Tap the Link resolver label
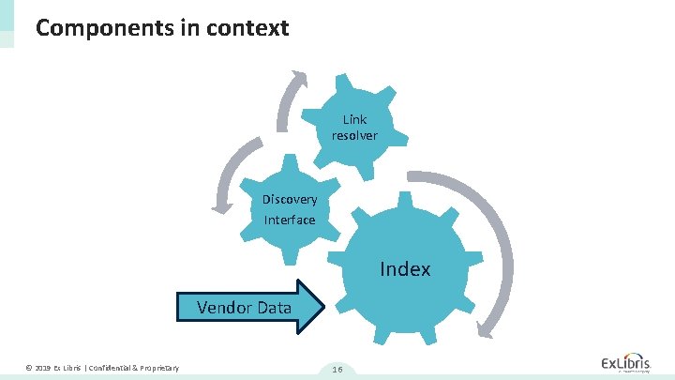tap(354, 128)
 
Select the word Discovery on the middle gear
tap(290, 200)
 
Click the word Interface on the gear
tap(290, 220)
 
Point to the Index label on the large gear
tap(405, 269)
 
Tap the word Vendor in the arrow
tap(221, 307)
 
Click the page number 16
tap(337, 370)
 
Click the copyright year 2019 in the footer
tap(42, 366)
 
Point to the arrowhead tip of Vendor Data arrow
tap(323, 307)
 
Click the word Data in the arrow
tap(272, 307)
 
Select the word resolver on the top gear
tap(354, 136)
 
